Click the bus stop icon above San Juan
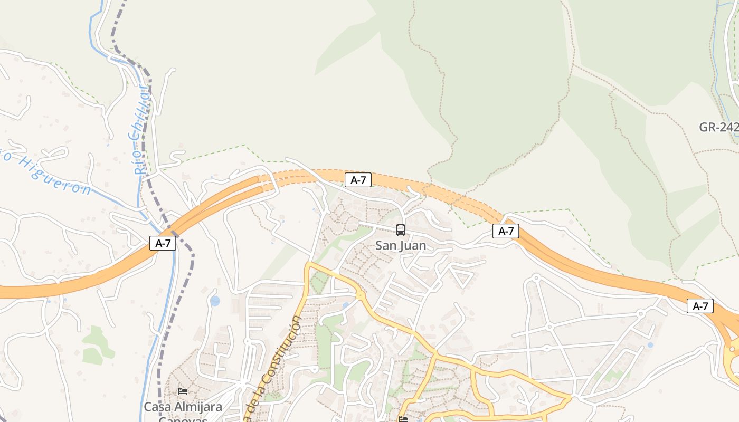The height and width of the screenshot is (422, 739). pyautogui.click(x=401, y=229)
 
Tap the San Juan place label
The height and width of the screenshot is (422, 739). pyautogui.click(x=401, y=246)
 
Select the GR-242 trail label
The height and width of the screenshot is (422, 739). pyautogui.click(x=718, y=127)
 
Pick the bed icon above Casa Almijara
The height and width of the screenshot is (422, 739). pyautogui.click(x=183, y=391)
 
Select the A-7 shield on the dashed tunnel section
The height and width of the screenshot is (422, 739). pyautogui.click(x=358, y=180)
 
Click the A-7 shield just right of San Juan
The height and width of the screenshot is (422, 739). pyautogui.click(x=506, y=231)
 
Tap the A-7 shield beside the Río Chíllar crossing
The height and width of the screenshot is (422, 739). pyautogui.click(x=163, y=243)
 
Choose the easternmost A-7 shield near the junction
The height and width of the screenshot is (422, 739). pyautogui.click(x=700, y=306)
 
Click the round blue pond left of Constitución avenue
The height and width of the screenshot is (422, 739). pyautogui.click(x=215, y=301)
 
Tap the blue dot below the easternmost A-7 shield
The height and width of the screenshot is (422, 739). pyautogui.click(x=650, y=345)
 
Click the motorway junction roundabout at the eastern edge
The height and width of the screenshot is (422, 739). pyautogui.click(x=734, y=349)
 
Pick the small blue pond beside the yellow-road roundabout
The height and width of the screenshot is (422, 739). pyautogui.click(x=346, y=305)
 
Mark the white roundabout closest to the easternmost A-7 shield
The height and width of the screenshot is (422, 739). pyautogui.click(x=641, y=313)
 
